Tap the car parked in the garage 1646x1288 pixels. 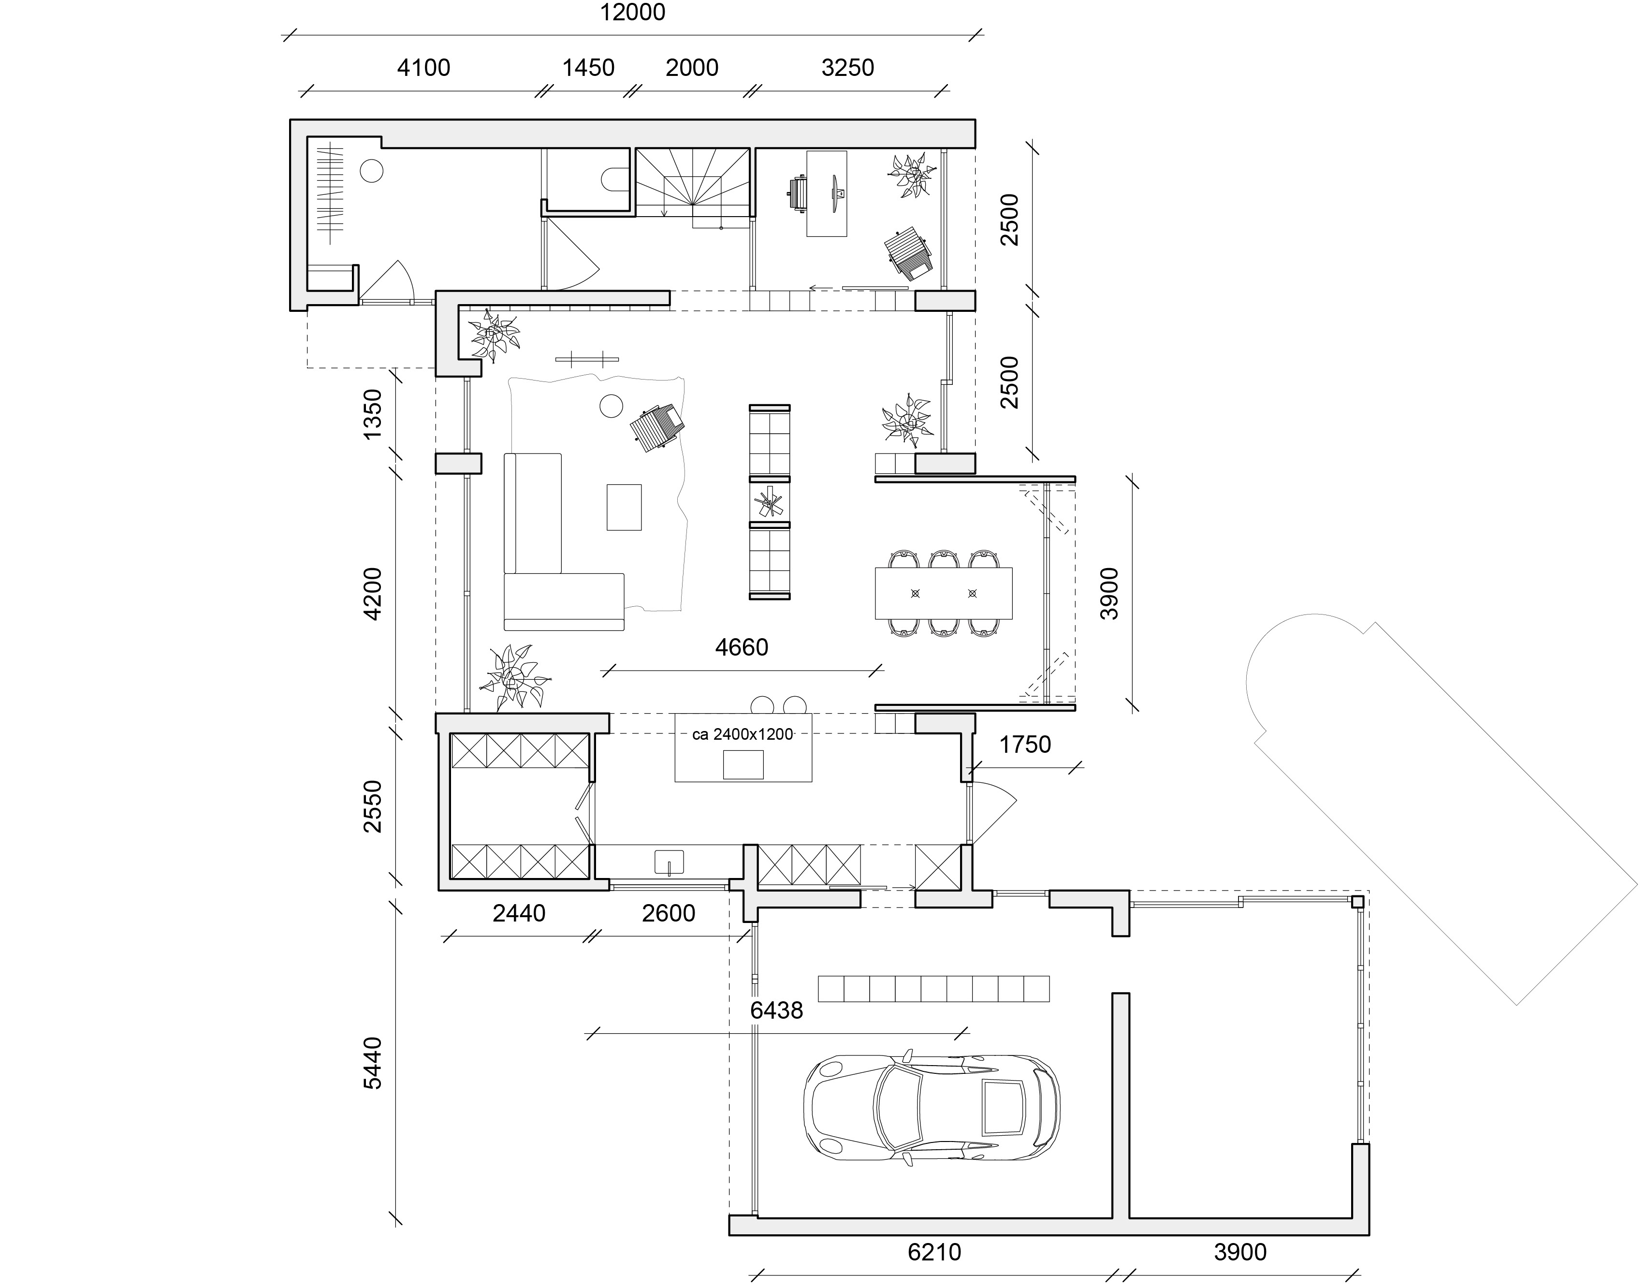pyautogui.click(x=931, y=1106)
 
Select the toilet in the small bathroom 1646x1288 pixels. pyautogui.click(x=611, y=179)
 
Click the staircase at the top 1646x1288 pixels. pyautogui.click(x=694, y=185)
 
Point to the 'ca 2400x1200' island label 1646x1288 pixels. pyautogui.click(x=743, y=734)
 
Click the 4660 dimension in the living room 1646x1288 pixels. pyautogui.click(x=741, y=647)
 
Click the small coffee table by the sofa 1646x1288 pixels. pyautogui.click(x=624, y=507)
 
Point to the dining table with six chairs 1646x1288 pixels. pyautogui.click(x=943, y=593)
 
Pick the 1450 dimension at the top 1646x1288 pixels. pyautogui.click(x=588, y=68)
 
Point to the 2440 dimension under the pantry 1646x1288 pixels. pyautogui.click(x=519, y=914)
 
